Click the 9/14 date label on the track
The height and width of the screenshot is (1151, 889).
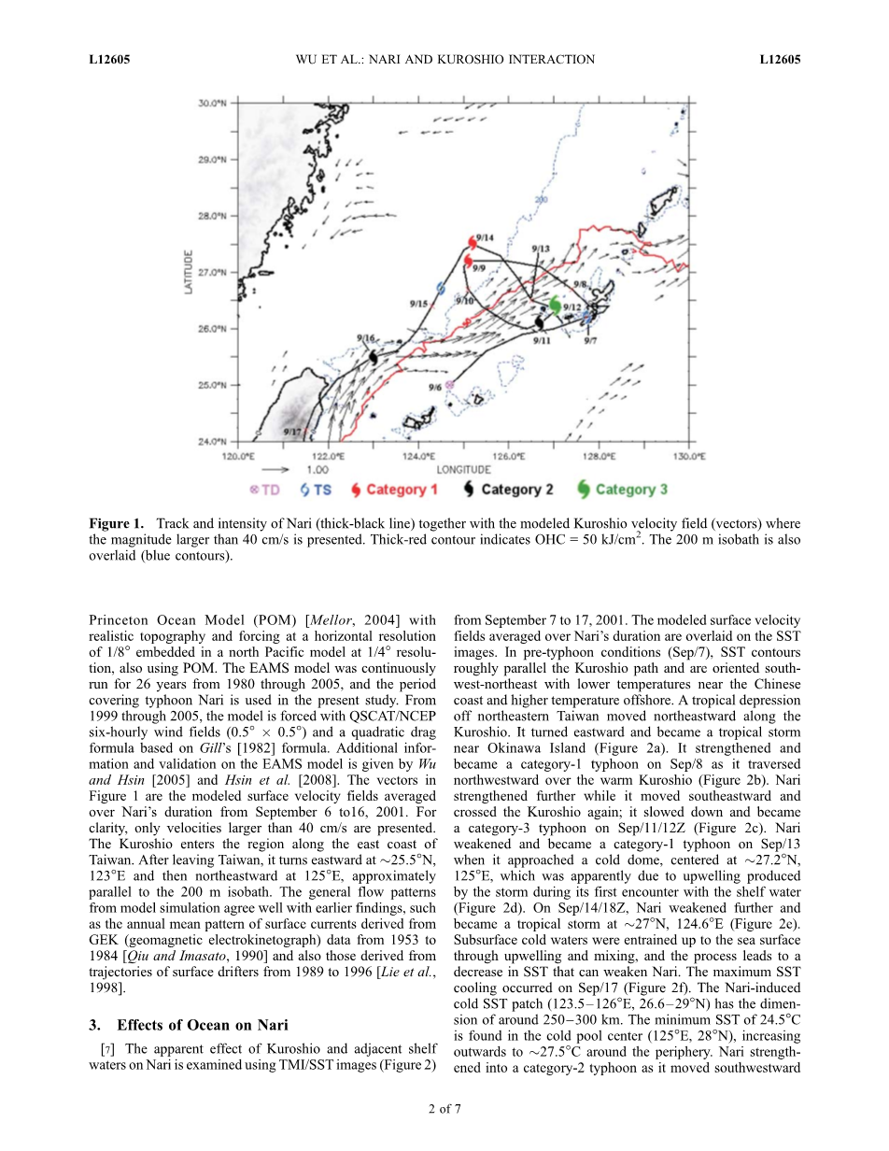(486, 237)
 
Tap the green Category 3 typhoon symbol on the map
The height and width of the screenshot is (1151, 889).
(556, 305)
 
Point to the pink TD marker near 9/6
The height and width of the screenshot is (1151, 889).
(449, 384)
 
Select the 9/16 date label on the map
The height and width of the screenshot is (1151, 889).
(366, 338)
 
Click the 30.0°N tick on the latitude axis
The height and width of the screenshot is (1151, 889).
(212, 104)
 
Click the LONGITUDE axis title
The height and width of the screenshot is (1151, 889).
(463, 468)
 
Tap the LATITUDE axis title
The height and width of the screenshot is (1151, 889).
(190, 272)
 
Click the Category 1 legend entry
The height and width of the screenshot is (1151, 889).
(394, 490)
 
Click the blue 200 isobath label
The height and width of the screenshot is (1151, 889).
(541, 199)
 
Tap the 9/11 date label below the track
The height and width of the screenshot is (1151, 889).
(542, 341)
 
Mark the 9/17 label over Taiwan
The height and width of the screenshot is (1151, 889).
(292, 431)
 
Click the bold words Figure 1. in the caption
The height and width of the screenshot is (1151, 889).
(117, 523)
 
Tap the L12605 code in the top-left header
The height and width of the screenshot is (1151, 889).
(109, 60)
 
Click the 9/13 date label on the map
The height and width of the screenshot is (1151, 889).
(541, 249)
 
